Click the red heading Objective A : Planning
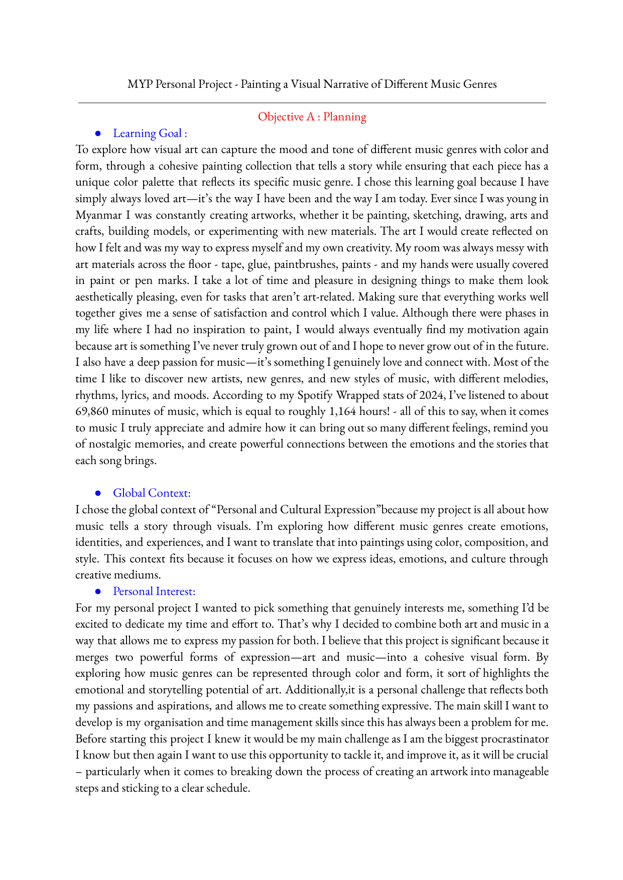(x=312, y=117)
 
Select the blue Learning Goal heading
(x=150, y=133)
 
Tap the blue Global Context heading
(x=152, y=493)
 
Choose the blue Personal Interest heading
(x=154, y=592)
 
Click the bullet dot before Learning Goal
(x=98, y=133)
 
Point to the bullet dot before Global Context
(x=98, y=493)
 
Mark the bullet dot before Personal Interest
(x=98, y=592)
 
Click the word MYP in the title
(x=140, y=84)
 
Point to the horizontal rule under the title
(x=312, y=103)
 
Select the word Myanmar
(x=98, y=215)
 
